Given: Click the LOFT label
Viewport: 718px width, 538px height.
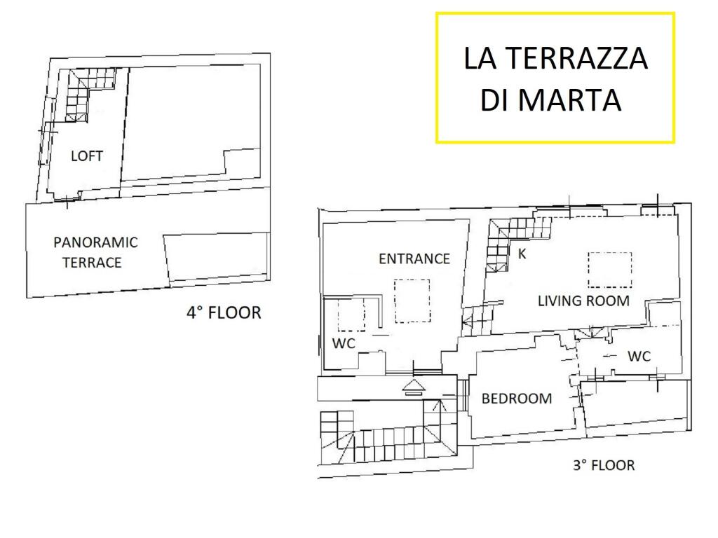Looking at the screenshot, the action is click(x=86, y=156).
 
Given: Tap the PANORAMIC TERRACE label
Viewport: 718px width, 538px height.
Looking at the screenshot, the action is click(x=95, y=252).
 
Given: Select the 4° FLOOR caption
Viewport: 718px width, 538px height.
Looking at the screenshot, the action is click(x=224, y=313).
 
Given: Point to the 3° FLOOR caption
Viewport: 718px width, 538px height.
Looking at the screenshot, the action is click(x=604, y=465).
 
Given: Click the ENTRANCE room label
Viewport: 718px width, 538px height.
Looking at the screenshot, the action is click(x=414, y=259).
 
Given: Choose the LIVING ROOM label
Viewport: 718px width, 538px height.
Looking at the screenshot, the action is click(x=583, y=301).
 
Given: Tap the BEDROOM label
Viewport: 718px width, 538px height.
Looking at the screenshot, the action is click(x=517, y=399).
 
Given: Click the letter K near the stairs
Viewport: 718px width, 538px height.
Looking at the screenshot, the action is click(x=522, y=254).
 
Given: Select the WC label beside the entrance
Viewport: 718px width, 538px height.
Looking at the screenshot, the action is click(x=344, y=343).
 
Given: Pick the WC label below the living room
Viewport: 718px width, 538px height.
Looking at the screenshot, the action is click(x=639, y=356).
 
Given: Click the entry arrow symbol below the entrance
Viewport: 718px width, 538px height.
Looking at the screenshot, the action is click(x=414, y=387).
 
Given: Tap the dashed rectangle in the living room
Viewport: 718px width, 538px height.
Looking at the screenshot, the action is click(x=610, y=270).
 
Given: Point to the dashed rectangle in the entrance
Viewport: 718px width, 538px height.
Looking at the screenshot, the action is click(x=412, y=301).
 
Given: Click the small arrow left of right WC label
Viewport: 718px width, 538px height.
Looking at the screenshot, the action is click(x=609, y=355).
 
